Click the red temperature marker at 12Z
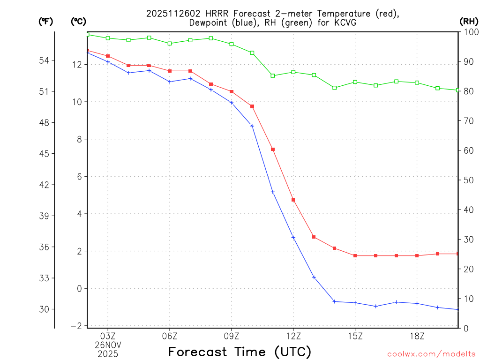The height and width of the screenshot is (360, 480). coord(293,200)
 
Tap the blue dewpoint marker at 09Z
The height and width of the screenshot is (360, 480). coord(232,103)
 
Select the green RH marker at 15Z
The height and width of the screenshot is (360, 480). coord(355,82)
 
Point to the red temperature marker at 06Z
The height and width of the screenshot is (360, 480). coord(170,71)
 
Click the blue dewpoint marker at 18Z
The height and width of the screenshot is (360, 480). coord(417,303)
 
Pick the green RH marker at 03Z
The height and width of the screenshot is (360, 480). coord(108,38)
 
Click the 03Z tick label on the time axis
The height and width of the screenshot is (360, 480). coord(108,336)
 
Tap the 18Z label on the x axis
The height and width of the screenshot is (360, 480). coord(417,336)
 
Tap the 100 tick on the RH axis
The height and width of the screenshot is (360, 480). coord(468,32)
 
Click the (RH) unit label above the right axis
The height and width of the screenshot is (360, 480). coord(468,21)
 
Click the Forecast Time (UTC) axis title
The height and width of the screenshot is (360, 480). coord(240,352)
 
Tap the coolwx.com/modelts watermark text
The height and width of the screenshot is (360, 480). coord(431,354)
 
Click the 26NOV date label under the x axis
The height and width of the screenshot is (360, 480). coord(108,345)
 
